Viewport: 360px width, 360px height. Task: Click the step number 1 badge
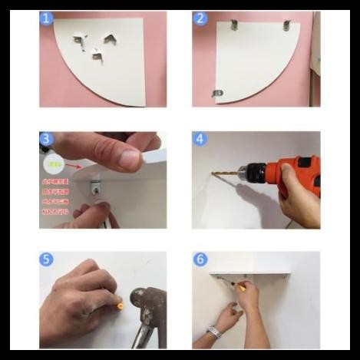[48, 18]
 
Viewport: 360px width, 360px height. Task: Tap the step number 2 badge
[200, 18]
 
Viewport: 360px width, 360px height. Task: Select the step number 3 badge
[48, 139]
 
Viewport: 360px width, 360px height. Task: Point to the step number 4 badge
[200, 139]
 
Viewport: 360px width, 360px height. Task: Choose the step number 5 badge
[48, 259]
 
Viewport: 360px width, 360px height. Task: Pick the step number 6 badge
[200, 259]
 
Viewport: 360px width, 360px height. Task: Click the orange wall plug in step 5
[119, 304]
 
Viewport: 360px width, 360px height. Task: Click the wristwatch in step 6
[215, 332]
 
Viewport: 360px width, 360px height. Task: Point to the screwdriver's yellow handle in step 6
[241, 288]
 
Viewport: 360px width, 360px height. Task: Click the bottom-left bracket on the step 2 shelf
[218, 94]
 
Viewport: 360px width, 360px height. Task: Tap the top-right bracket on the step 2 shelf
[287, 26]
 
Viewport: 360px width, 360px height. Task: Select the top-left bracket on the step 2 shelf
[235, 26]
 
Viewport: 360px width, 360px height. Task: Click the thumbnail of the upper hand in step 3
[129, 159]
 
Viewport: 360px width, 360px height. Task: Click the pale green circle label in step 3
[53, 163]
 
